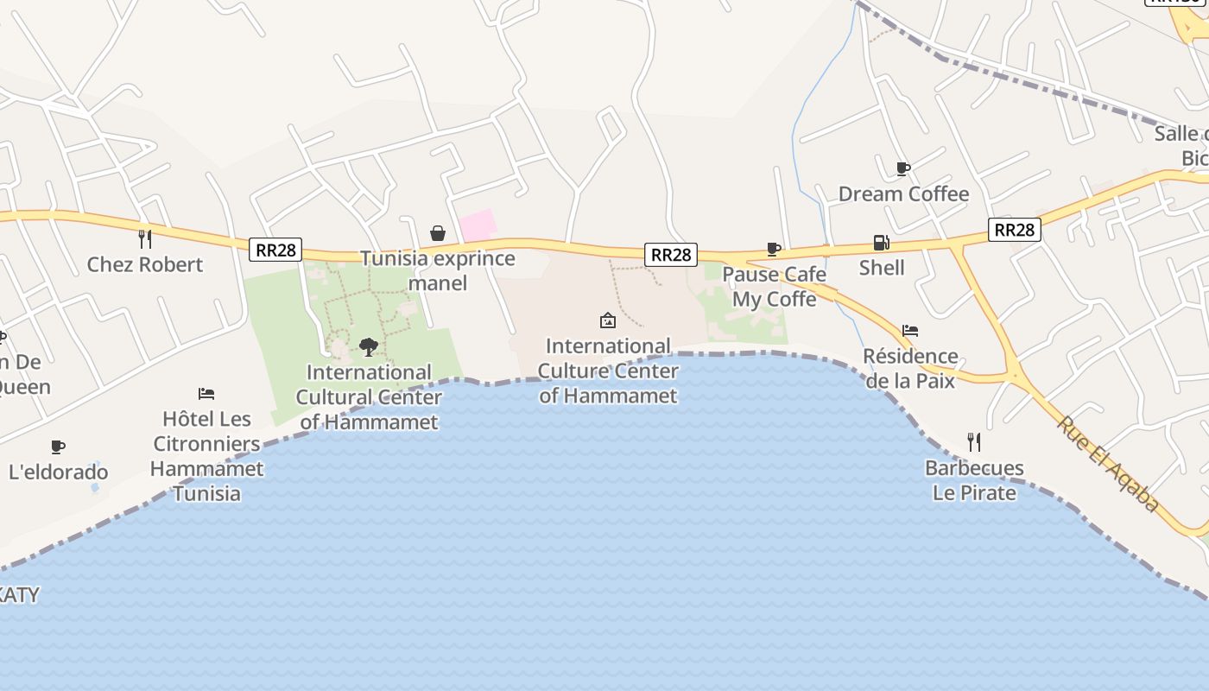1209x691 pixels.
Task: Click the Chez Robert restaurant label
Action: [x=145, y=264]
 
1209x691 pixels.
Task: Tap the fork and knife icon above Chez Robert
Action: [x=145, y=238]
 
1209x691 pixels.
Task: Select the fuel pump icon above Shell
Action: [x=881, y=243]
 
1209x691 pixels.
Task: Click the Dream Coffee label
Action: [x=903, y=193]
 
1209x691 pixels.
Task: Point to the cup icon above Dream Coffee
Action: [x=902, y=168]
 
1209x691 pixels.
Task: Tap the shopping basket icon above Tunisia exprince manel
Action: [x=438, y=233]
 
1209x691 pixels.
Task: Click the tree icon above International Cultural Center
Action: [x=369, y=347]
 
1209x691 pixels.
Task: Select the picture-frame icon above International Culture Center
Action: [x=608, y=321]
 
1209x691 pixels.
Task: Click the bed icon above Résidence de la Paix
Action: [x=909, y=330]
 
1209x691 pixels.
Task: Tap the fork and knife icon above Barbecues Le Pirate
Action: [x=974, y=442]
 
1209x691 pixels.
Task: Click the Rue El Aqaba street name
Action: [x=1108, y=464]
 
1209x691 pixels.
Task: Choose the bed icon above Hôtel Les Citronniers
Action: [x=206, y=394]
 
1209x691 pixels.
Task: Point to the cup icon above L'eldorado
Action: [x=58, y=447]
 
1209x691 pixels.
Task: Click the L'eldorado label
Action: [x=59, y=472]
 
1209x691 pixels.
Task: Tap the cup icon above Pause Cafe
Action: [x=774, y=250]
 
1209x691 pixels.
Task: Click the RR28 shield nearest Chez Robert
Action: [x=276, y=250]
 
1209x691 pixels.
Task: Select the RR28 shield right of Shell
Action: [x=1014, y=229]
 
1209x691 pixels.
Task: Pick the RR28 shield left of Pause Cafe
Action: [x=670, y=254]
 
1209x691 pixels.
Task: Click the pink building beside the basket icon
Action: [x=478, y=225]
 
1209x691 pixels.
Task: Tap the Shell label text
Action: [x=882, y=268]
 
